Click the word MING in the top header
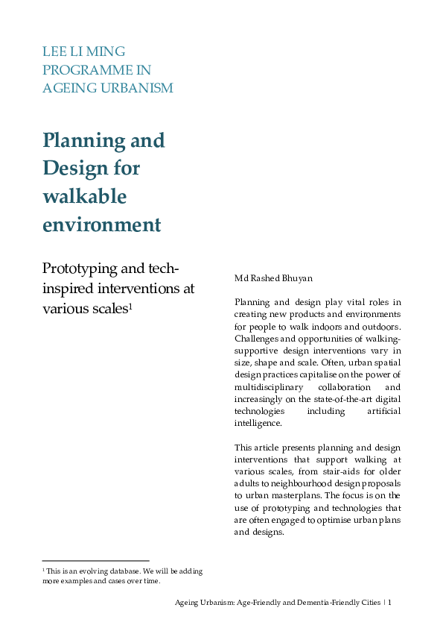click(x=106, y=51)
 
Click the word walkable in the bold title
click(x=84, y=196)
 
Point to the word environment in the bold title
click(x=101, y=224)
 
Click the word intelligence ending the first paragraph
click(x=257, y=423)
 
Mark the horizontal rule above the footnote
click(x=95, y=560)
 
